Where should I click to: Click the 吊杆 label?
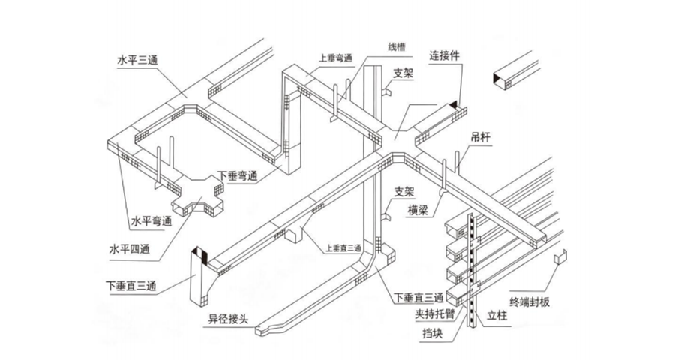click(x=481, y=139)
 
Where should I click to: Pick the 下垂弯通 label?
click(x=238, y=176)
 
